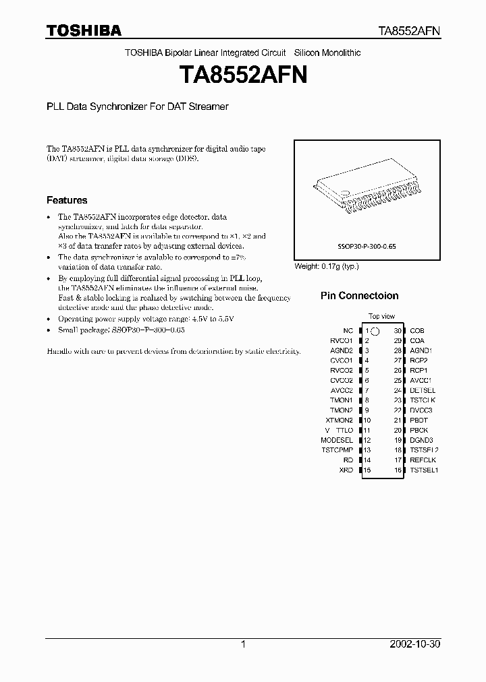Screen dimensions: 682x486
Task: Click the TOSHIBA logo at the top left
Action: (84, 30)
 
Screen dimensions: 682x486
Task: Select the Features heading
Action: (66, 200)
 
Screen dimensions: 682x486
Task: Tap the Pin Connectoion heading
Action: (359, 296)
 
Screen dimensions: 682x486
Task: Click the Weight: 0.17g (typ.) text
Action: (327, 266)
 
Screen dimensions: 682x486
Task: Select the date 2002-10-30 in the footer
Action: (414, 644)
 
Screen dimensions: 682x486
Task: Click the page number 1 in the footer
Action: (243, 644)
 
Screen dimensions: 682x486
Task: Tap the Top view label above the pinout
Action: (381, 316)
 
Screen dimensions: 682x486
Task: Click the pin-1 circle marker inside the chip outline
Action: (375, 331)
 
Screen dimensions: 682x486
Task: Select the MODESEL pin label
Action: (337, 440)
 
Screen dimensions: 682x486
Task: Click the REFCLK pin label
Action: (423, 460)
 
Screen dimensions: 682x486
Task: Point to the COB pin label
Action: (417, 331)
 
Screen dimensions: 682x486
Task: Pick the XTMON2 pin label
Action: (340, 420)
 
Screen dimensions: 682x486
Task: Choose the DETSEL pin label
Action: (423, 390)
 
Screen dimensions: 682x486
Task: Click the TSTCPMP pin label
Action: (337, 449)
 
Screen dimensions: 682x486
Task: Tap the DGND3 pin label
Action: (421, 440)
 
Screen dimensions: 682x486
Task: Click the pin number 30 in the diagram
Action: (398, 331)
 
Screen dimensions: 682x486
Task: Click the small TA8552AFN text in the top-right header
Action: (408, 31)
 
